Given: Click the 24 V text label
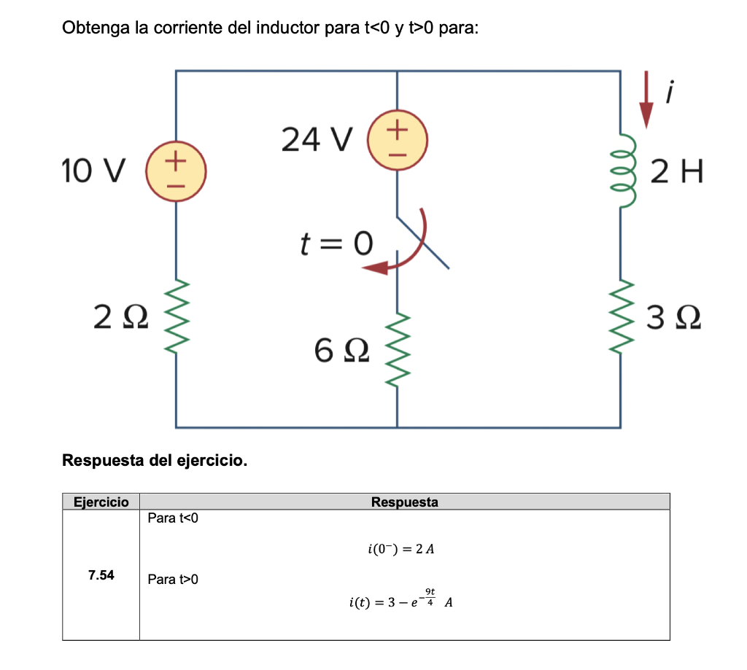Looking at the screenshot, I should [x=317, y=139].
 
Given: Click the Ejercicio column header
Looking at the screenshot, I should [x=101, y=502].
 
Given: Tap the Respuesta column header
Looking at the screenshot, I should [x=404, y=502].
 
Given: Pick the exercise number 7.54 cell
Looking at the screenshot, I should [x=101, y=575].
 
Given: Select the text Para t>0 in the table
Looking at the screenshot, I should [x=173, y=579].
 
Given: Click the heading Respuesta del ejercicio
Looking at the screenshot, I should [x=155, y=461].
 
